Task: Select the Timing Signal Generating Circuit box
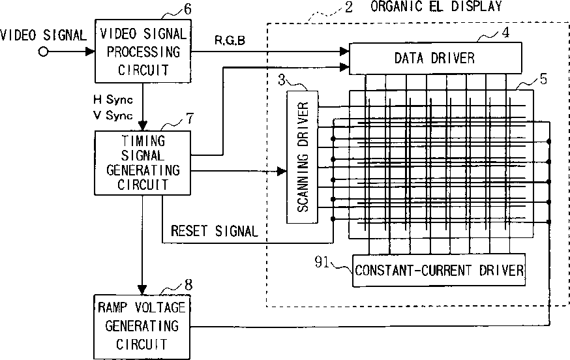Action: (142, 162)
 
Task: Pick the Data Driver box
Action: (435, 57)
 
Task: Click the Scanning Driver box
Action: (302, 157)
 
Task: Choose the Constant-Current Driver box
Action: (439, 270)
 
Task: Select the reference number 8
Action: (188, 284)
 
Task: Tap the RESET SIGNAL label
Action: (214, 231)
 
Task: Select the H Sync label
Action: (113, 100)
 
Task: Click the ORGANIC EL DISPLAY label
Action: (436, 7)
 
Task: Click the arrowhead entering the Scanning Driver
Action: (282, 172)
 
